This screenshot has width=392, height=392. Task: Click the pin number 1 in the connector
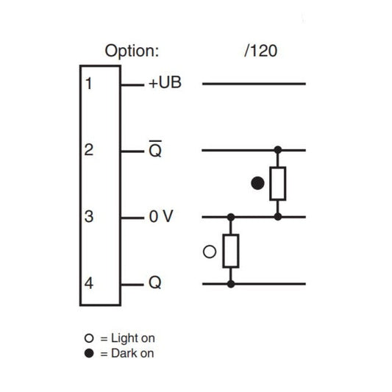point(89,83)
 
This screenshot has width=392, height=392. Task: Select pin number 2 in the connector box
point(89,150)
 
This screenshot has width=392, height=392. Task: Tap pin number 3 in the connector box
point(89,216)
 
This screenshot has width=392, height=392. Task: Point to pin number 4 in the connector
point(89,283)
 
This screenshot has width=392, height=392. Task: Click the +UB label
point(165,82)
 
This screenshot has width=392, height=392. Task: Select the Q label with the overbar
point(155,149)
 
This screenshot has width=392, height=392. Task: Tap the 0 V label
point(161,216)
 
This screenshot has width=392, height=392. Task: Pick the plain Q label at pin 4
point(155,282)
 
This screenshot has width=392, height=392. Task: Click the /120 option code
point(261,51)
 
